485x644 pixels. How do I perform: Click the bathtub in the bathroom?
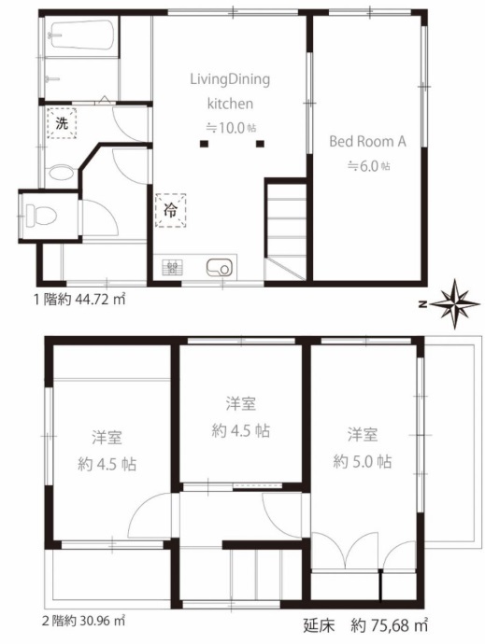(81, 35)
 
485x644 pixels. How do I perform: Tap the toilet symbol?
(40, 215)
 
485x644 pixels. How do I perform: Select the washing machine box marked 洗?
(62, 123)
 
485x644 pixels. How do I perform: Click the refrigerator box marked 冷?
(170, 210)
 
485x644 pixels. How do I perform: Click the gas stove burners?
(173, 269)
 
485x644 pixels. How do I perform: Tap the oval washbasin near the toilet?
(61, 174)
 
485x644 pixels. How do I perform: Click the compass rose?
(456, 304)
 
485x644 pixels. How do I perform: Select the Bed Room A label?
(367, 141)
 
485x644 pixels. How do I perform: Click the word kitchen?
(230, 104)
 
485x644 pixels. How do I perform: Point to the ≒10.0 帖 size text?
(231, 128)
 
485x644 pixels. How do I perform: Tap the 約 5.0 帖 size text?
(362, 462)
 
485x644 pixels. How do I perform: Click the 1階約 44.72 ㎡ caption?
(79, 300)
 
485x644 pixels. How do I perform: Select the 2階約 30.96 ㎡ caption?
(84, 621)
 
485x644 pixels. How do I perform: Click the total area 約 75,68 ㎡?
(389, 625)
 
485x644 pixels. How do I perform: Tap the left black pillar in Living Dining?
(204, 144)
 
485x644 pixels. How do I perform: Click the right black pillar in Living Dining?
(260, 144)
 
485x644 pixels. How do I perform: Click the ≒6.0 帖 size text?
(369, 166)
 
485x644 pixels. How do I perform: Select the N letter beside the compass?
(422, 304)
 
